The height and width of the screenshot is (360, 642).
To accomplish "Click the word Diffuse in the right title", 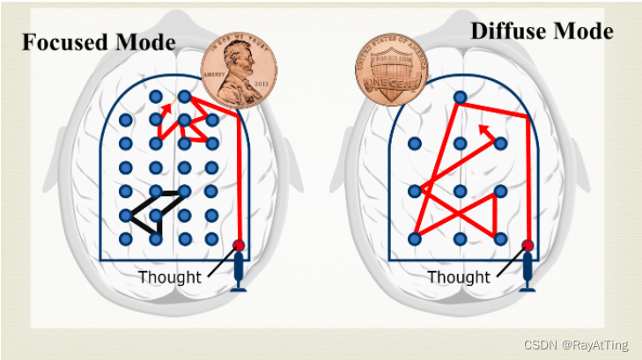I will [x=511, y=30].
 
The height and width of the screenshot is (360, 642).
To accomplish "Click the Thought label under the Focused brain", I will [x=169, y=277].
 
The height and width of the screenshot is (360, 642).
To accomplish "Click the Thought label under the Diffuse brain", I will [x=458, y=277].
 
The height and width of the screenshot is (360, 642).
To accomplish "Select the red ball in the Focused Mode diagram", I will [x=238, y=246].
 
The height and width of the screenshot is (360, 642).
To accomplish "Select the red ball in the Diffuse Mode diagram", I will [x=528, y=246].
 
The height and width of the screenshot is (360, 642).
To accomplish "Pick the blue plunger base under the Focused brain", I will [x=238, y=282].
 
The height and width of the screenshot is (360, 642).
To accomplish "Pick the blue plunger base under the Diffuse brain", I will [x=528, y=282].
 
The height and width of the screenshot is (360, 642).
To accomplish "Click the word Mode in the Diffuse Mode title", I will [x=583, y=30].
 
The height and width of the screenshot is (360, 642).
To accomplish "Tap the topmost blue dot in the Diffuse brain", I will [x=459, y=97].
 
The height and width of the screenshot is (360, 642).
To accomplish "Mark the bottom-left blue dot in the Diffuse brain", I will [x=415, y=239].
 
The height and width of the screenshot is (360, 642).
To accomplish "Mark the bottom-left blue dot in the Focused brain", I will [x=126, y=239].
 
